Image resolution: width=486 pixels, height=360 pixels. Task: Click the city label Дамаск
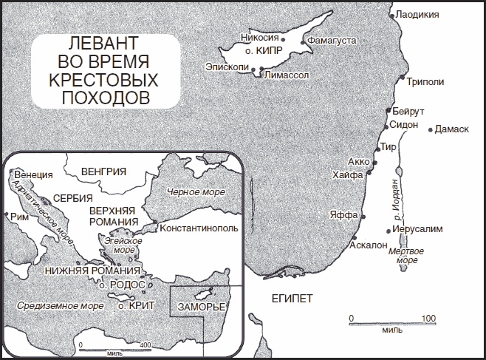(x=453, y=129)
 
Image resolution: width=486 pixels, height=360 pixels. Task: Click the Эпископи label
(x=227, y=67)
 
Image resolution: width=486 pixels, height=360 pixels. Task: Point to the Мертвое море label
(x=407, y=256)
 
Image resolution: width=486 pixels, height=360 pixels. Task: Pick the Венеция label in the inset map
(x=34, y=174)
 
